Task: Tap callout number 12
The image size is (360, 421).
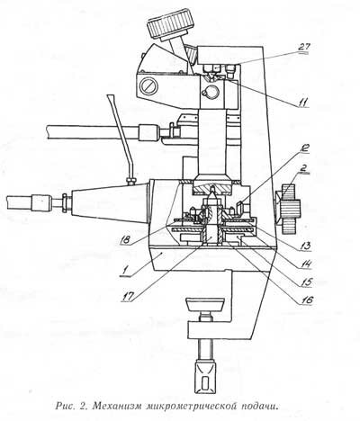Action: tap(303, 148)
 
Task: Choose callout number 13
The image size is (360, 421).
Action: tap(305, 246)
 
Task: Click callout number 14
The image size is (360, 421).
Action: tap(306, 264)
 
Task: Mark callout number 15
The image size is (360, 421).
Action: tap(306, 282)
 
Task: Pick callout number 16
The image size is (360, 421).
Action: tap(306, 300)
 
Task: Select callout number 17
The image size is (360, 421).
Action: tap(129, 297)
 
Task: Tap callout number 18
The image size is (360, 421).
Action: tap(124, 240)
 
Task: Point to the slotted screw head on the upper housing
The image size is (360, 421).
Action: tap(149, 86)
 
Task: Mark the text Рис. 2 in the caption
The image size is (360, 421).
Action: tap(70, 407)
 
